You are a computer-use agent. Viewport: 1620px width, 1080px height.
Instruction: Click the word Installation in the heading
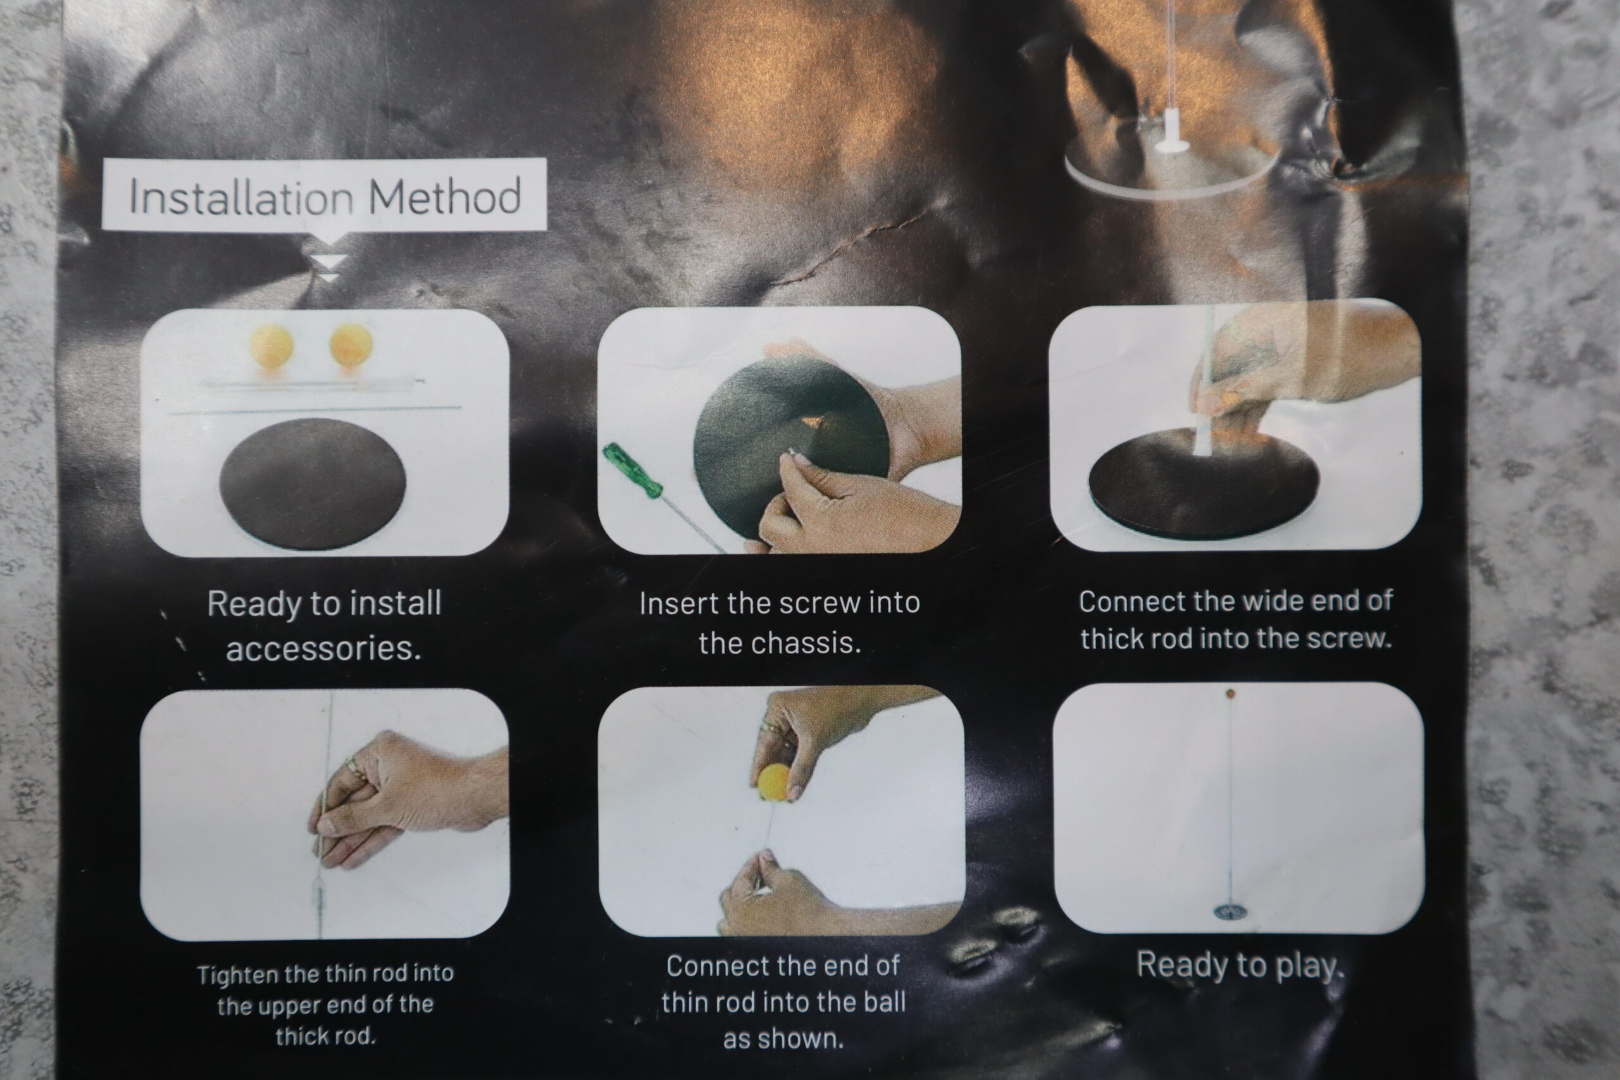(241, 197)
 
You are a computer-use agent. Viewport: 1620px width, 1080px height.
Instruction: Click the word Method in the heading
(445, 196)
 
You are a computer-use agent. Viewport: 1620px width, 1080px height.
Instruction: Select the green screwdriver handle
(632, 471)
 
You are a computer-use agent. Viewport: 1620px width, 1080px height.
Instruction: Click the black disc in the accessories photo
(313, 483)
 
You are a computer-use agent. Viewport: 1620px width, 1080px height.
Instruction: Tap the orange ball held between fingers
(773, 782)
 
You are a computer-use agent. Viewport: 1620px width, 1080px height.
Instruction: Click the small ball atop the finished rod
(1230, 693)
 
